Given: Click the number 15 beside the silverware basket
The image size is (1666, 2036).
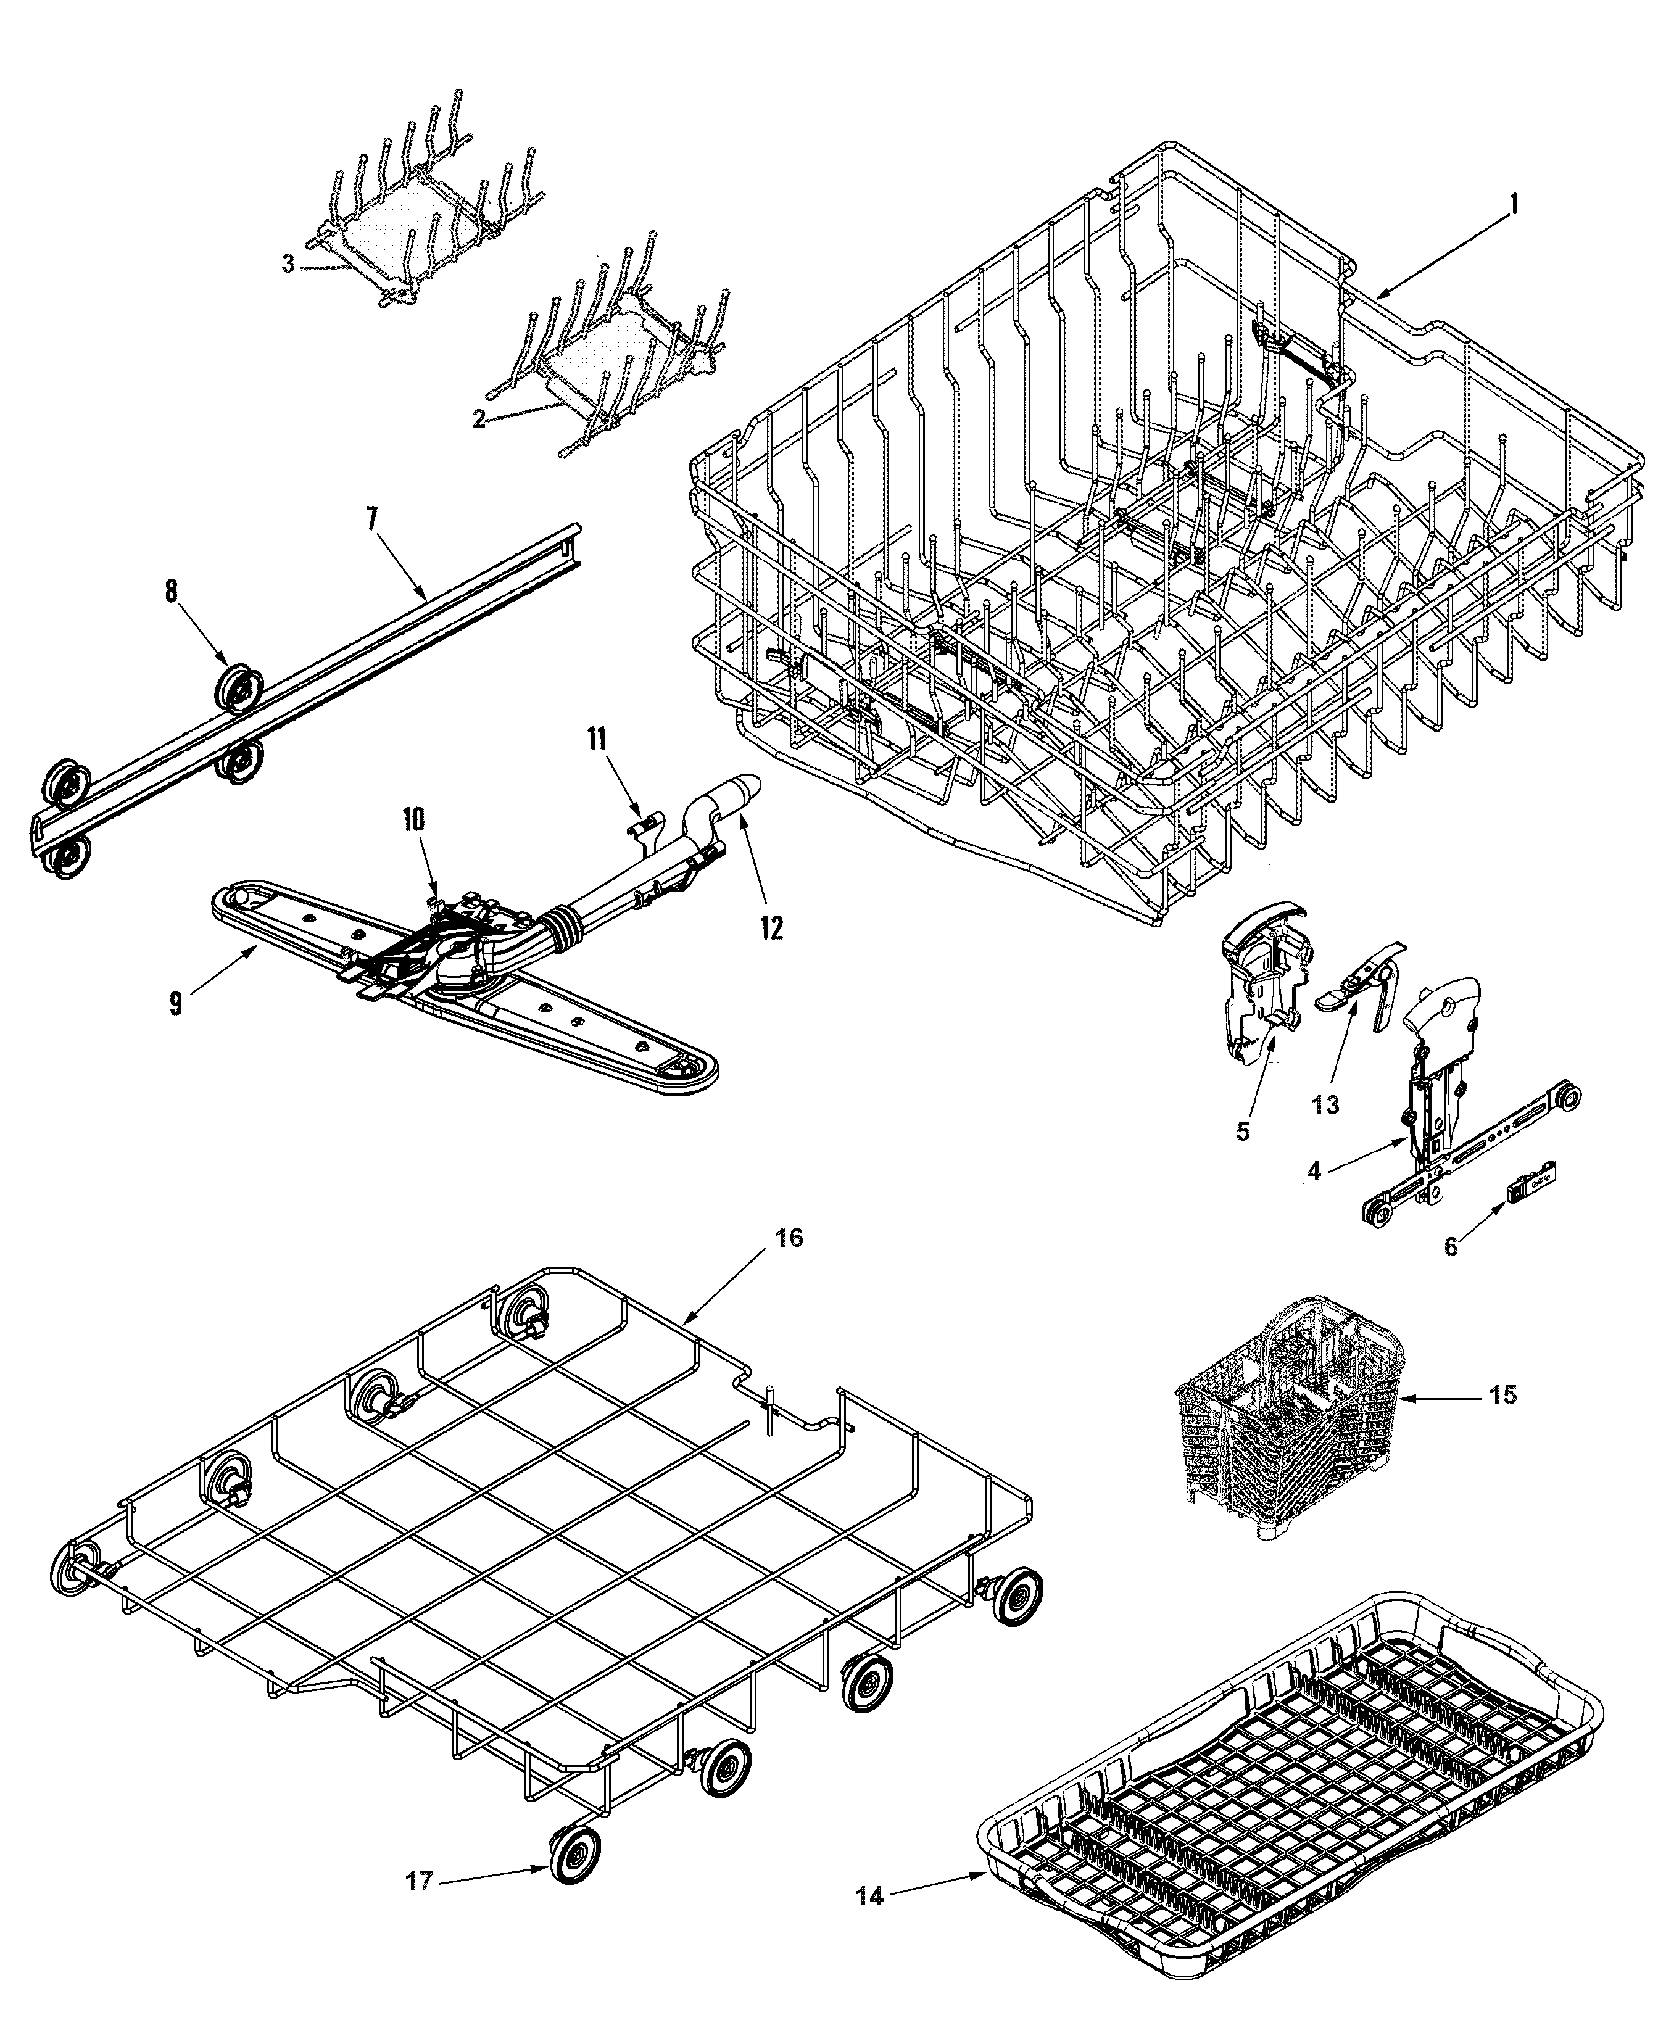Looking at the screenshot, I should click(1504, 1395).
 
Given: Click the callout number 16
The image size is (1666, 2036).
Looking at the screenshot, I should click(789, 1238).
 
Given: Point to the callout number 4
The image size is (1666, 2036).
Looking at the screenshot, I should click(1314, 1170).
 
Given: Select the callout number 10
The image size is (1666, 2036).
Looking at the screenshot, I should click(413, 819).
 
